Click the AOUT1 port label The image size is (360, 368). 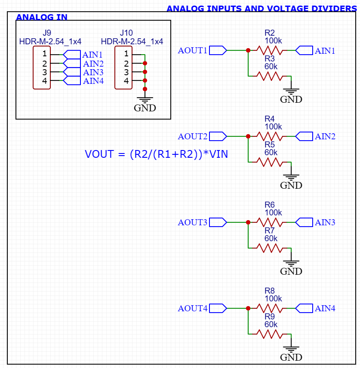pos(193,51)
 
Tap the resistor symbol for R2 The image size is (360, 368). pos(270,51)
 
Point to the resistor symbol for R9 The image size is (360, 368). pos(270,334)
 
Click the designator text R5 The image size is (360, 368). pos(270,144)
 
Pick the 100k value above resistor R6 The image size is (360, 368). pos(273,213)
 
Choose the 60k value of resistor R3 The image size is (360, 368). pos(271,67)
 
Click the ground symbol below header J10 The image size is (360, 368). pos(145,99)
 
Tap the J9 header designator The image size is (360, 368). pos(47,33)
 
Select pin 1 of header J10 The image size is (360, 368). pos(126,54)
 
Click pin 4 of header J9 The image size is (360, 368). pos(44,81)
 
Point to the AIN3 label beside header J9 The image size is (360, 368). pos(93,72)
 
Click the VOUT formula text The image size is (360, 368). pos(156,154)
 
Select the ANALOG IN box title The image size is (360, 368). pos(42,17)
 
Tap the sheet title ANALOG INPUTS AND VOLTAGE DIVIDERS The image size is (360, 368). pos(262,9)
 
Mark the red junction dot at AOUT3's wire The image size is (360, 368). pos(248,222)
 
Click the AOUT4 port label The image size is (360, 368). pos(193,308)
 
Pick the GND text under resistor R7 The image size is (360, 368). pos(291,272)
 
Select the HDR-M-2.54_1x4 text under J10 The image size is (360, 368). pos(132,41)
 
